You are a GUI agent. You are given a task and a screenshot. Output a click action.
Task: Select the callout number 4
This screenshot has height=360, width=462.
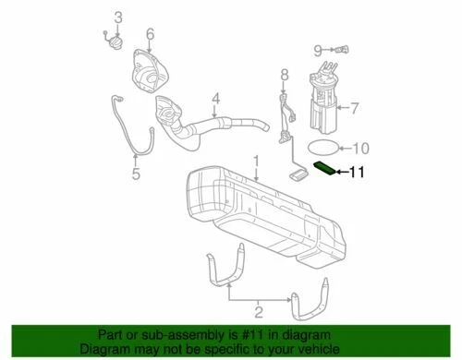[214, 98]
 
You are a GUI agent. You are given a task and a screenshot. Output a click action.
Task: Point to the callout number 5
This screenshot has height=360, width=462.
[135, 173]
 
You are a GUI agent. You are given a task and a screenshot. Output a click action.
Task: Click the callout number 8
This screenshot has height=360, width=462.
[285, 74]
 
